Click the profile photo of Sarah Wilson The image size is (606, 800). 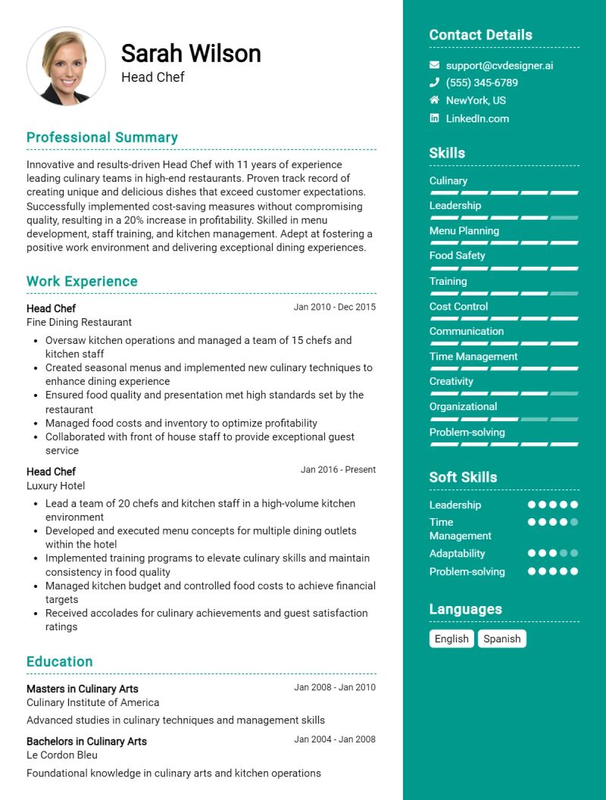tap(66, 67)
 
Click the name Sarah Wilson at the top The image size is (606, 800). tap(191, 53)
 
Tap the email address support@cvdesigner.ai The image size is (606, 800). tap(499, 65)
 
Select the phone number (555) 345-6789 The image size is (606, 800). tap(482, 83)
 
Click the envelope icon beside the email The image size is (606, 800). tap(434, 65)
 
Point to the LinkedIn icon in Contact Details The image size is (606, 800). tap(434, 118)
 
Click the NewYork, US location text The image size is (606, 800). tap(476, 100)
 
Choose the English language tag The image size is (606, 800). tap(451, 639)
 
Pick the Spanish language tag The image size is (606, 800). tap(501, 639)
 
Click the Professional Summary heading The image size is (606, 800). tap(102, 137)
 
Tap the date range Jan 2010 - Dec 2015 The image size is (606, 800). tap(334, 307)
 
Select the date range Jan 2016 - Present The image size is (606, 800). tap(338, 470)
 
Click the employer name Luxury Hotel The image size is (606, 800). tap(55, 486)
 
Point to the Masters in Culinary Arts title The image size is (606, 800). tap(82, 689)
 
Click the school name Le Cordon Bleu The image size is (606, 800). tap(62, 755)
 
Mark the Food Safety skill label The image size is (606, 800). tap(457, 255)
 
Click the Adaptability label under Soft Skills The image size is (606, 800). tap(457, 553)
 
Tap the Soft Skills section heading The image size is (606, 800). tap(463, 477)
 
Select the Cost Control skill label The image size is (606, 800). tap(458, 306)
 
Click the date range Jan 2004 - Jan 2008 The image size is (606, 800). tap(335, 739)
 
